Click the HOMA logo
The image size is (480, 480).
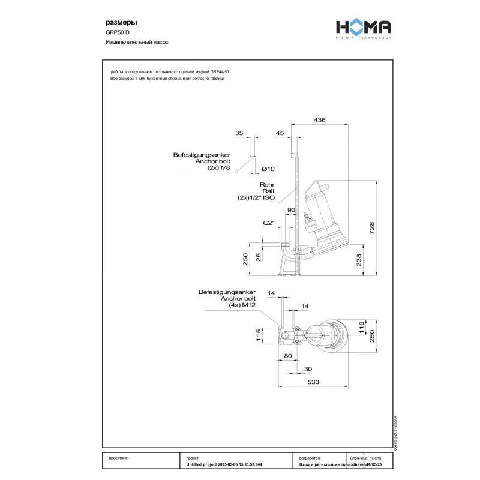tap(363, 28)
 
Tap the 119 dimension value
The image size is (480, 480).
tap(361, 328)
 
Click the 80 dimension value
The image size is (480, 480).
tap(287, 355)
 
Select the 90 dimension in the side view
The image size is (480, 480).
tap(292, 210)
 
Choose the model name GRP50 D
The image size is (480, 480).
tap(118, 33)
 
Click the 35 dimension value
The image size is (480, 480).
tap(239, 133)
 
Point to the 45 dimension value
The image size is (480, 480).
tap(280, 133)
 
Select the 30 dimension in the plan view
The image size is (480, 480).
tap(308, 368)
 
